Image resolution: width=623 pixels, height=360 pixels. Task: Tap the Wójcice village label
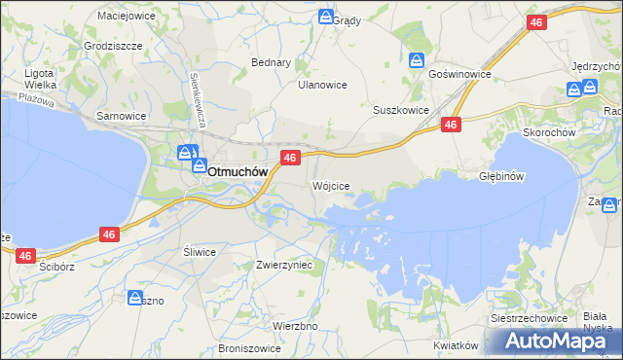(330, 185)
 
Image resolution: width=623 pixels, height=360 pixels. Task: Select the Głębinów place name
(502, 177)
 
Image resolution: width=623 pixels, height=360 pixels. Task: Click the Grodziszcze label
(114, 46)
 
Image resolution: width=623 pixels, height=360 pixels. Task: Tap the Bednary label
(272, 62)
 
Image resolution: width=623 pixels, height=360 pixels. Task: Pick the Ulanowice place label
(322, 85)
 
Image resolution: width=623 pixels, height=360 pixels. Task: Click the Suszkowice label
(401, 110)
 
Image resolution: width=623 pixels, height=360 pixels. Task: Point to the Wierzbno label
(295, 326)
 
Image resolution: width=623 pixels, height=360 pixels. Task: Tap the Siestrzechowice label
(529, 319)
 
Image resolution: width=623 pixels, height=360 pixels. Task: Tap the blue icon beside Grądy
(326, 17)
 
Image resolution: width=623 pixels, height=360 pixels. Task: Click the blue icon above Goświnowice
(417, 59)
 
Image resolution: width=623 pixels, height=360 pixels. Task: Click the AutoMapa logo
(557, 341)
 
